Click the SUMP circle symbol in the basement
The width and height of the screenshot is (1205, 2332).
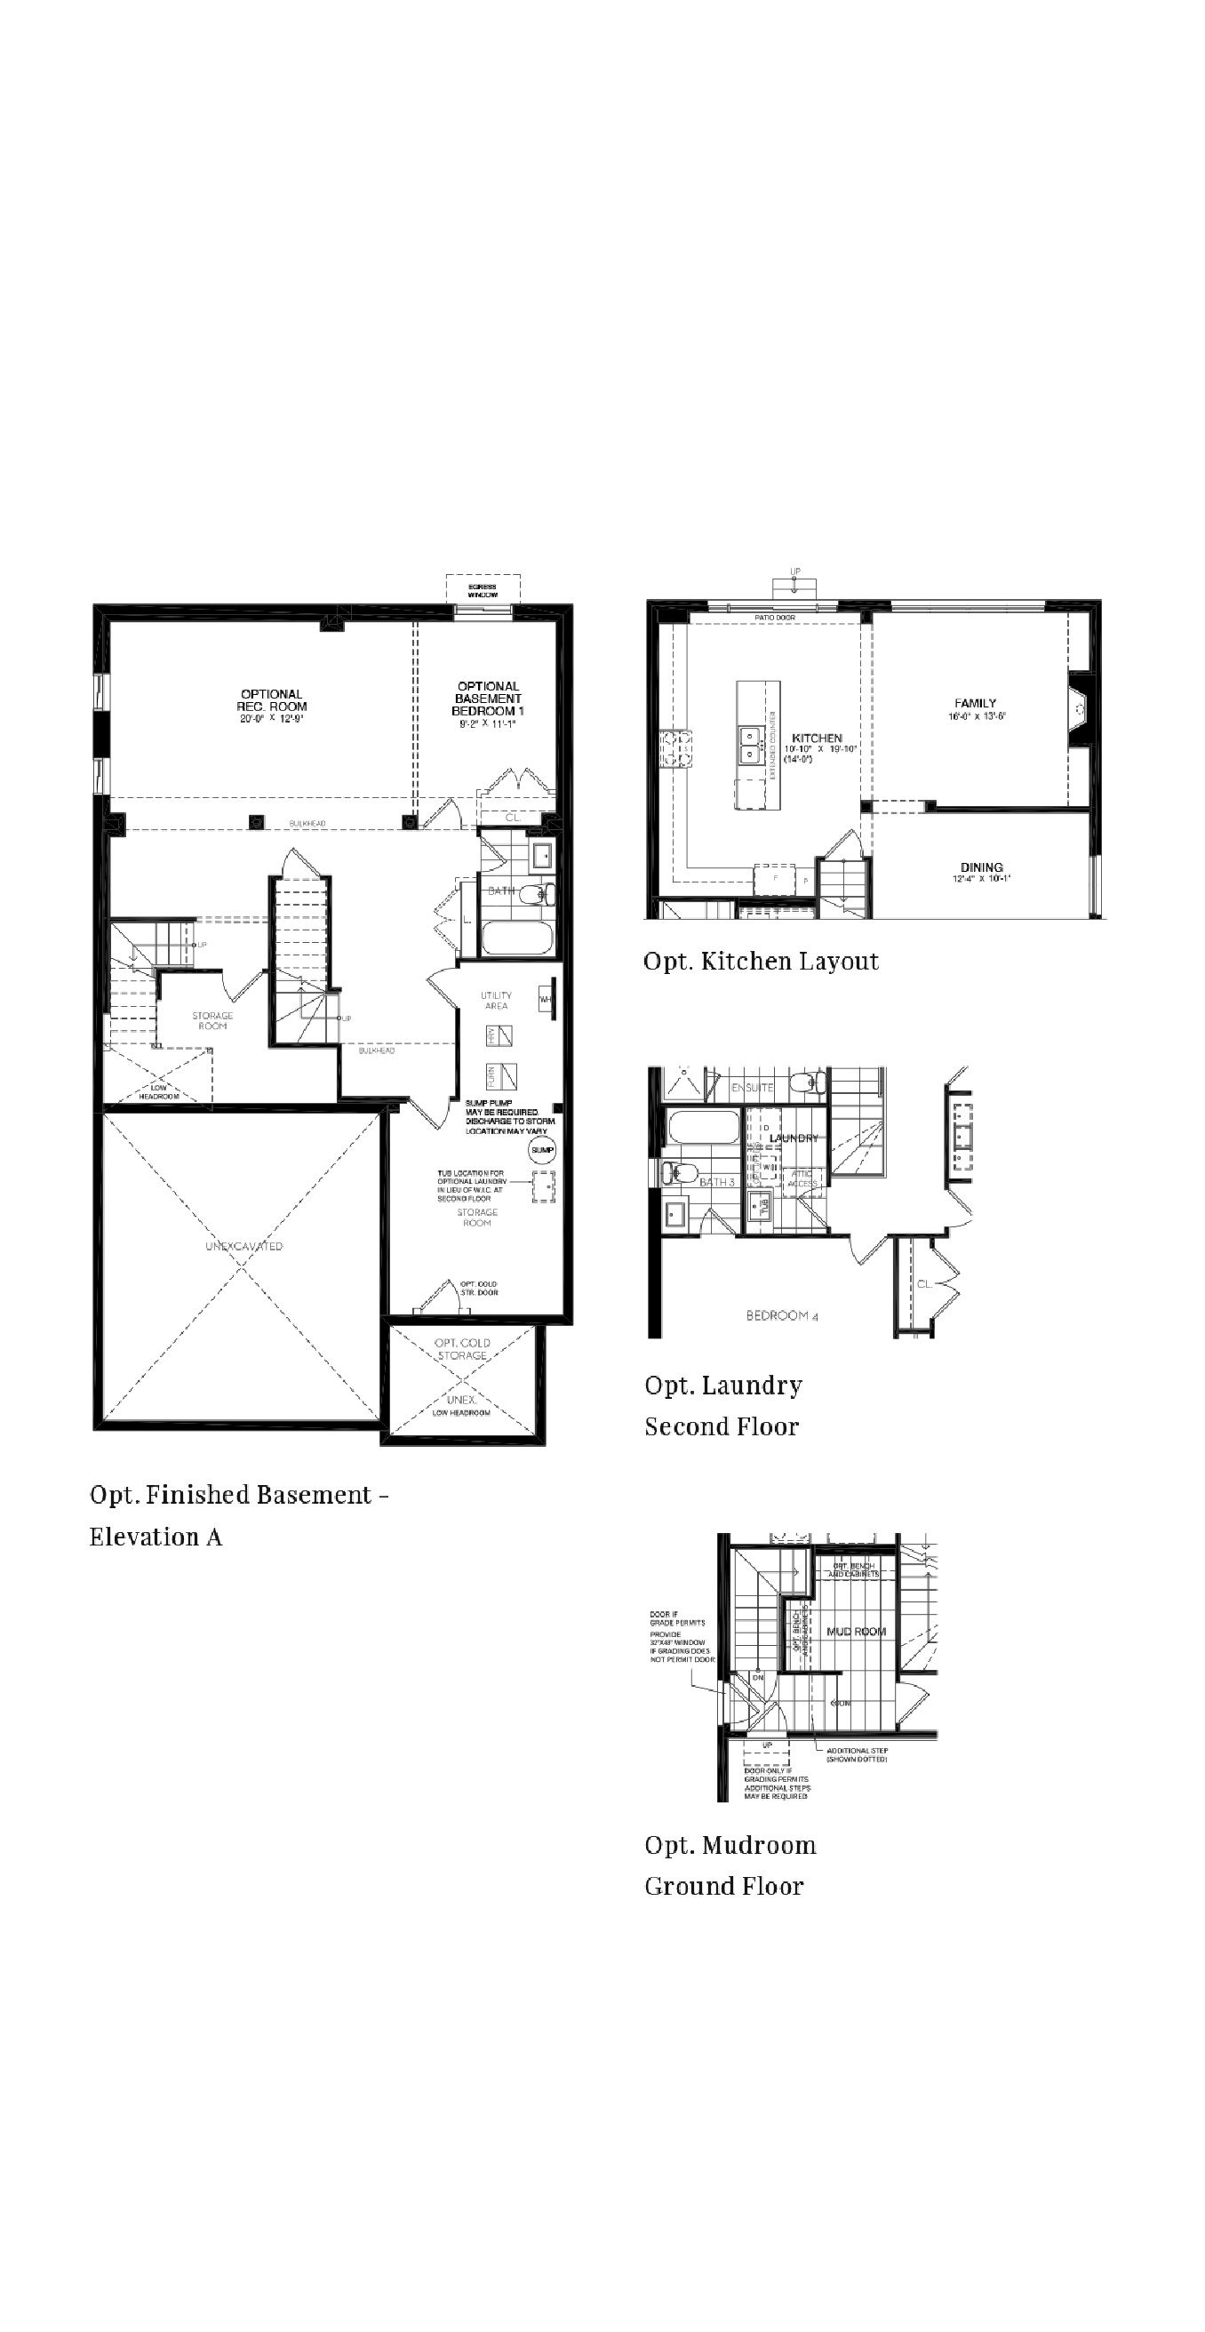(x=541, y=1150)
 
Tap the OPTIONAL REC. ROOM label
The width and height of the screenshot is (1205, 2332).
(x=272, y=700)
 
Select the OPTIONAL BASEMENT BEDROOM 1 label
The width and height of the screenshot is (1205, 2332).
(x=488, y=699)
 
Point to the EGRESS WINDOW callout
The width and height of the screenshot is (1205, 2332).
(x=483, y=590)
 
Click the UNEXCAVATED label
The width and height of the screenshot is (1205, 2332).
(x=243, y=1246)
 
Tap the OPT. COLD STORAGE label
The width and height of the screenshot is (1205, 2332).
(x=463, y=1349)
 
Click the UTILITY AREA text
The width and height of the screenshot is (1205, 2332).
(x=496, y=1001)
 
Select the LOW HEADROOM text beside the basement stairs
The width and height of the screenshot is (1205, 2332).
(x=159, y=1091)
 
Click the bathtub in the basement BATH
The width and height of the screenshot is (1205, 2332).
(x=516, y=937)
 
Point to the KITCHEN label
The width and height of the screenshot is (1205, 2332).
(x=817, y=738)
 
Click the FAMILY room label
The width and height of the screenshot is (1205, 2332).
(x=975, y=702)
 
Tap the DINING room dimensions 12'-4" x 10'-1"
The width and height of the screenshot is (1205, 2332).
(x=981, y=878)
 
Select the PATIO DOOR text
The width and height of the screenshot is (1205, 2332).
(x=775, y=618)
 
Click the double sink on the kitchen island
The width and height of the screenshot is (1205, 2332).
(x=750, y=743)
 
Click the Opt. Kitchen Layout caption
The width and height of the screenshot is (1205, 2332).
(x=761, y=962)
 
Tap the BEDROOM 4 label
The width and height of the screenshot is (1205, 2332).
(x=782, y=1315)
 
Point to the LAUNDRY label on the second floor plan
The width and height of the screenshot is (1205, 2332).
(x=794, y=1138)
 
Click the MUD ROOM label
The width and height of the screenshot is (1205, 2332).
(x=857, y=1632)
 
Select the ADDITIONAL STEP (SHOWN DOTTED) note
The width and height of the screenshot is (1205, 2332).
(x=857, y=1754)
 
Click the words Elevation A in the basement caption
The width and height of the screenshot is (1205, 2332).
(x=156, y=1537)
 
